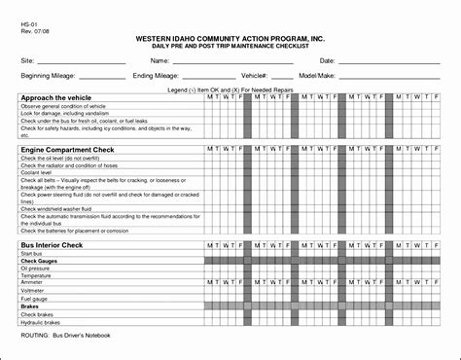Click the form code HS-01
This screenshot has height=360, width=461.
click(30, 20)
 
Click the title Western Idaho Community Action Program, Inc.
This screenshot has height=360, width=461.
click(230, 37)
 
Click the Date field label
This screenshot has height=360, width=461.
click(327, 60)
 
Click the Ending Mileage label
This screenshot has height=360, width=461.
click(156, 75)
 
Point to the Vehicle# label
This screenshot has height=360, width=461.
click(254, 75)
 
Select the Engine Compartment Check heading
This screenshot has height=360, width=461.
click(67, 150)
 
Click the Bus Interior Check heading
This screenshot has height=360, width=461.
click(53, 245)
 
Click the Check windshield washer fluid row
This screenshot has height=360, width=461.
click(56, 208)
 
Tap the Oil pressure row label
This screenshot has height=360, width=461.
click(37, 269)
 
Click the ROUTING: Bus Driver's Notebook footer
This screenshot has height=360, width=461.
click(66, 335)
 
